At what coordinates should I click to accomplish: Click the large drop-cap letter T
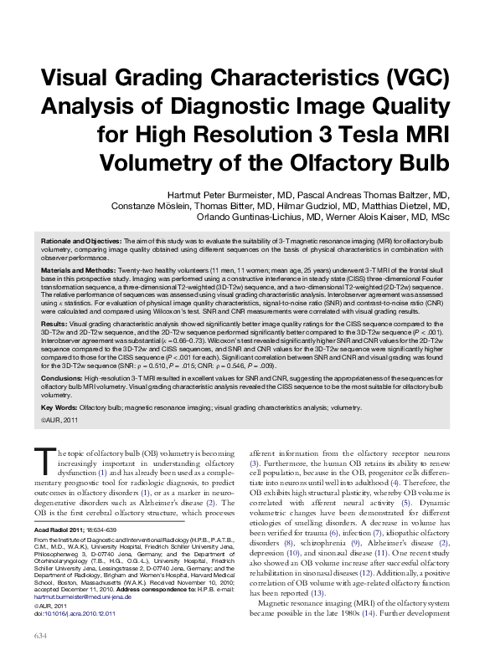pos(44,459)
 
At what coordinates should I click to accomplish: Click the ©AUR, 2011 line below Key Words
pos(59,421)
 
